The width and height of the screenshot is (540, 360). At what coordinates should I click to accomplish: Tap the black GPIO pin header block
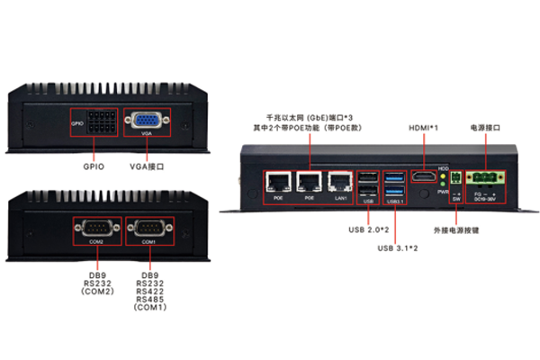(103, 123)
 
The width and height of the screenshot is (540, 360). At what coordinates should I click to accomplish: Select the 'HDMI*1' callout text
(424, 128)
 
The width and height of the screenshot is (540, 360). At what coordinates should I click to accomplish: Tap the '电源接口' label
(485, 128)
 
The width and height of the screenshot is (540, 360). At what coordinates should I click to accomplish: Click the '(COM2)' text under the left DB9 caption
(95, 292)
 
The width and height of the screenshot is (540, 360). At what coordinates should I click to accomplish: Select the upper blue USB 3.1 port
(394, 177)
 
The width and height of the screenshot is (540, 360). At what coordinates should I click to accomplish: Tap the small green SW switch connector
(455, 176)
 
